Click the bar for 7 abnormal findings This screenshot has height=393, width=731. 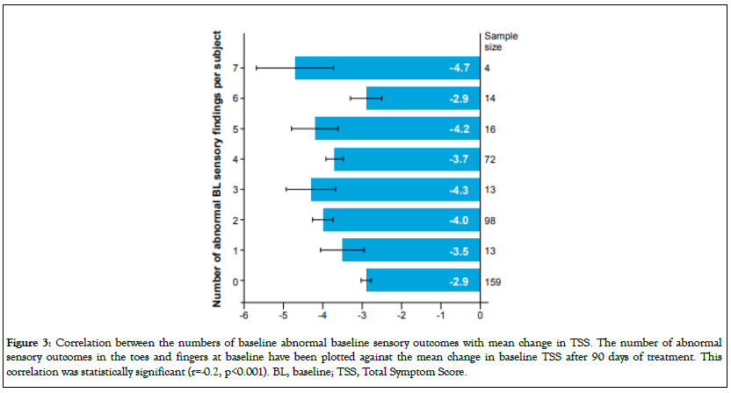pyautogui.click(x=387, y=68)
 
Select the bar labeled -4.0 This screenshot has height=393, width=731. pyautogui.click(x=401, y=220)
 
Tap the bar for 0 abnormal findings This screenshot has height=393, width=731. pyautogui.click(x=423, y=281)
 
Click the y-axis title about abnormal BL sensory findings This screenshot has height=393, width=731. pyautogui.click(x=214, y=171)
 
